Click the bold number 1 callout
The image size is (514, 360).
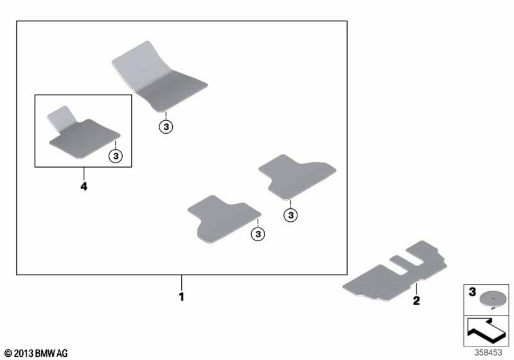tap(182, 297)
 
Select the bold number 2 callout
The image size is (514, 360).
tap(416, 300)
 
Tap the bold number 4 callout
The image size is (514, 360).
tap(84, 186)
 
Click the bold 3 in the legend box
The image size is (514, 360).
tap(472, 291)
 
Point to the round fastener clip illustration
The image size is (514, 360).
tap(491, 300)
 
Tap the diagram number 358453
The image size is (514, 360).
tap(488, 352)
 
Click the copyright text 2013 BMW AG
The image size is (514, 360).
tap(36, 354)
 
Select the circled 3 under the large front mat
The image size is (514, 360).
tap(166, 127)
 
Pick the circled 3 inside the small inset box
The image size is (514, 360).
tap(116, 156)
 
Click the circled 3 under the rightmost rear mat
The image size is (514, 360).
tap(290, 215)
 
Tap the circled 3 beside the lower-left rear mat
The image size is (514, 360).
tap(258, 234)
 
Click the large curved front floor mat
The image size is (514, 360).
tap(159, 77)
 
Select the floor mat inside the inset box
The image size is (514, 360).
tap(84, 133)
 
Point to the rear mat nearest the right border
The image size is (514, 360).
tap(297, 177)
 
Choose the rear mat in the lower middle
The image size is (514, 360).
tap(224, 219)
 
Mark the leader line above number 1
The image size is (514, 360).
tap(182, 283)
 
